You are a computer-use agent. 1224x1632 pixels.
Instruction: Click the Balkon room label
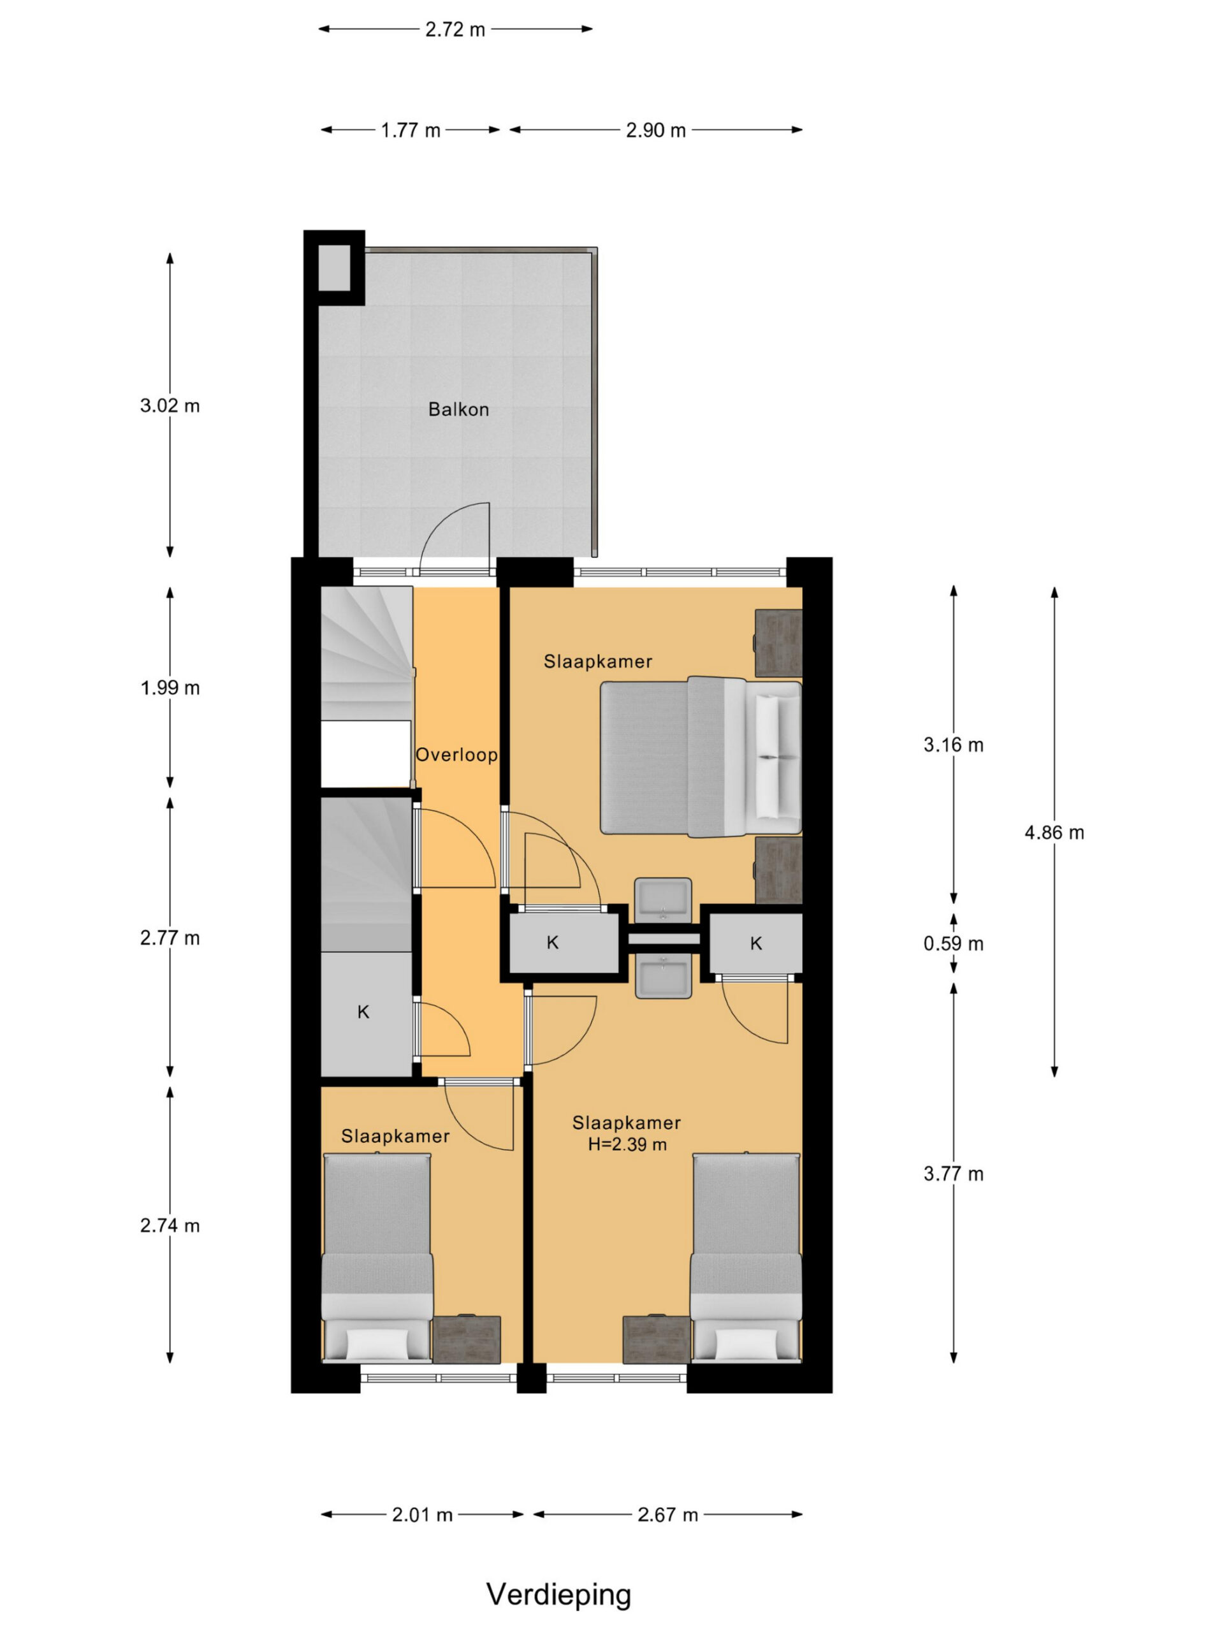(x=458, y=409)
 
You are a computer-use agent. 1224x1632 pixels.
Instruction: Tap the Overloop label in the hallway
(x=456, y=755)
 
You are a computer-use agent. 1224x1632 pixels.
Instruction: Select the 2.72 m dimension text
(x=455, y=29)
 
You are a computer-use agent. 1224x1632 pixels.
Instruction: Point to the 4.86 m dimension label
(x=1054, y=833)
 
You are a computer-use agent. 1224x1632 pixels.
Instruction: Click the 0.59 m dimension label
(x=953, y=943)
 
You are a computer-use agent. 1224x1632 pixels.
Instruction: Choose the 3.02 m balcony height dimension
(x=170, y=406)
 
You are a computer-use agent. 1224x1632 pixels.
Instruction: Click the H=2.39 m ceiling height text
(x=627, y=1144)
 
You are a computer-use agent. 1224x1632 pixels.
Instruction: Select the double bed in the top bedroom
(x=700, y=757)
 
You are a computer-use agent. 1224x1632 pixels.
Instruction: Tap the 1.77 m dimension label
(x=410, y=131)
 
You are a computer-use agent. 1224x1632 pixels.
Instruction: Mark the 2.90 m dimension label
(x=656, y=131)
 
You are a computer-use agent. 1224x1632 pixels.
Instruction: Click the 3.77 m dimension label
(x=953, y=1174)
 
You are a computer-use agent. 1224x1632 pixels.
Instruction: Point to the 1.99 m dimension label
(x=170, y=688)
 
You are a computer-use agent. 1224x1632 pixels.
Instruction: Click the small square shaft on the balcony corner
(x=334, y=268)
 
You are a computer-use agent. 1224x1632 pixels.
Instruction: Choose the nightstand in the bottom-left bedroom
(x=466, y=1339)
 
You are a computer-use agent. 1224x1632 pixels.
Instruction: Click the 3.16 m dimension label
(x=953, y=745)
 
